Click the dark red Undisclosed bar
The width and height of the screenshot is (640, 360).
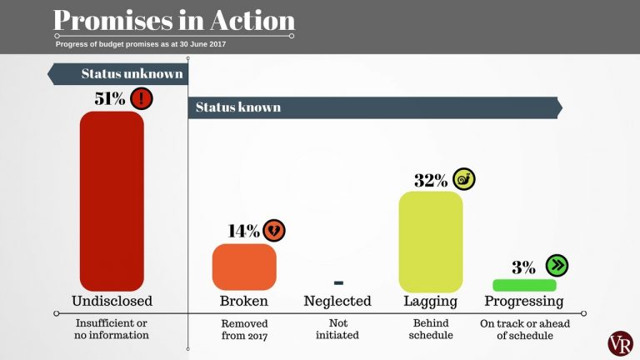coord(112,201)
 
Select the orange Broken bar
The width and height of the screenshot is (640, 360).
coord(244,267)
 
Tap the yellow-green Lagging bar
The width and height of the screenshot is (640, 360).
coord(431,242)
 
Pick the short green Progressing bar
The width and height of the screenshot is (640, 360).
coord(524,285)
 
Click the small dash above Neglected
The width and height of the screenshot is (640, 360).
coord(337,282)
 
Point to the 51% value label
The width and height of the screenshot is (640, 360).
coord(110,99)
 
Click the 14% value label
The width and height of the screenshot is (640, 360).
coord(243,231)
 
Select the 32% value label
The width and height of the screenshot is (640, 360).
coord(431,180)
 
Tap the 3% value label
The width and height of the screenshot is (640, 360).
coord(523,267)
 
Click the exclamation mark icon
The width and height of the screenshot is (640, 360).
coord(142,99)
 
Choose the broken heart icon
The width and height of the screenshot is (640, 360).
coord(274,230)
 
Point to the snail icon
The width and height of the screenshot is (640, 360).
coord(464,178)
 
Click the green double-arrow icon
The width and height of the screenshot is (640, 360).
coord(556,266)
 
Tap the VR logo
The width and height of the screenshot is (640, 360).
coord(620,342)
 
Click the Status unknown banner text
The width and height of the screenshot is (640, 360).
coord(132,74)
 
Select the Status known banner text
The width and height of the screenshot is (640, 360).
coord(238,107)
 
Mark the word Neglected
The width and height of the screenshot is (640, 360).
coord(337,301)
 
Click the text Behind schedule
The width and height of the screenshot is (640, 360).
coord(431,328)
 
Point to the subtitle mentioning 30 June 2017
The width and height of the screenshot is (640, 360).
coord(141,44)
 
